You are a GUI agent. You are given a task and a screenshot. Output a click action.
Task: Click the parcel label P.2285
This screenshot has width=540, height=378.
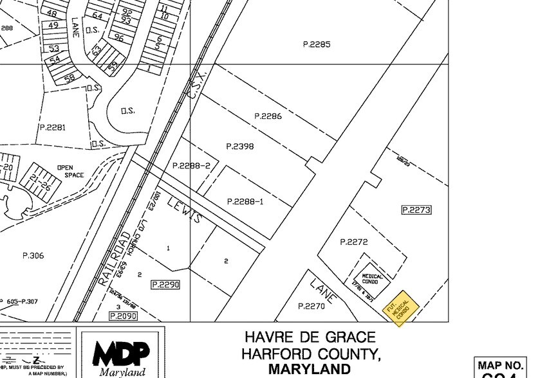pyautogui.click(x=316, y=44)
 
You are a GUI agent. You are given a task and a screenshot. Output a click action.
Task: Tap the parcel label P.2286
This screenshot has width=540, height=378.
pyautogui.click(x=268, y=116)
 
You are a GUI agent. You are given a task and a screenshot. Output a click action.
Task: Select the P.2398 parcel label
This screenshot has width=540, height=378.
pyautogui.click(x=240, y=147)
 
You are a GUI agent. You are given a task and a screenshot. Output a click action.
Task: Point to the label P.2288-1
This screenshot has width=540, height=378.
pyautogui.click(x=245, y=202)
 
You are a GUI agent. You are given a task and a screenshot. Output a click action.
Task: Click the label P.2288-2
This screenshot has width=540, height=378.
pyautogui.click(x=191, y=166)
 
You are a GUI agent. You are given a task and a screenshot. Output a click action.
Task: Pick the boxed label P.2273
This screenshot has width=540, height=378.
pyautogui.click(x=416, y=210)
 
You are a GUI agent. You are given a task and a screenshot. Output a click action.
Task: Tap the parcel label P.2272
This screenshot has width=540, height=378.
pyautogui.click(x=353, y=242)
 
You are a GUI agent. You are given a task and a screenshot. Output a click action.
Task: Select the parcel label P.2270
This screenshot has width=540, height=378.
pyautogui.click(x=312, y=307)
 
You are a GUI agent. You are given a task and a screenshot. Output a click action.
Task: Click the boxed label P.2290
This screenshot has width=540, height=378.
pyautogui.click(x=165, y=284)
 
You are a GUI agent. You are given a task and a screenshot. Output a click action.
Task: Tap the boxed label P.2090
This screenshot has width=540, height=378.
pyautogui.click(x=123, y=316)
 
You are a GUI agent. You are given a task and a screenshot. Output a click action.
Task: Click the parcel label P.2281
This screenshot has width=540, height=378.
pyautogui.click(x=52, y=127)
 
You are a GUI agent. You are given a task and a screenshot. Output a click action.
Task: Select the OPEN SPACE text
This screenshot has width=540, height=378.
pyautogui.click(x=70, y=171)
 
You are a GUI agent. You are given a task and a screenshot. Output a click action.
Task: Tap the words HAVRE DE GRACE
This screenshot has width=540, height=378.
pyautogui.click(x=310, y=337)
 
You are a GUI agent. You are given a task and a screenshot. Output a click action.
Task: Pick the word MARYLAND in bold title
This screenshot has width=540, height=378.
pyautogui.click(x=310, y=370)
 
